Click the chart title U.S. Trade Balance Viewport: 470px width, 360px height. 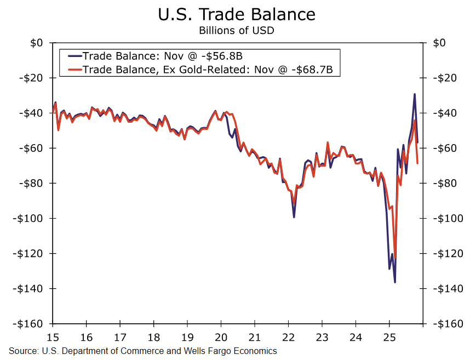[x=237, y=14]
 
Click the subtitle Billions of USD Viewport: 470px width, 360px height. [x=237, y=31]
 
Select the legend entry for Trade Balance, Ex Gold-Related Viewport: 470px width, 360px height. [x=208, y=70]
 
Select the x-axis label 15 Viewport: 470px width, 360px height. [x=53, y=336]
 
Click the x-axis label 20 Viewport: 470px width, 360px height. [x=221, y=336]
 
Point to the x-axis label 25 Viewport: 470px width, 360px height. [x=389, y=336]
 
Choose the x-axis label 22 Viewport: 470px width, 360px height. [x=288, y=336]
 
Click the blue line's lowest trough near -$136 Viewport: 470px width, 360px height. [x=395, y=282]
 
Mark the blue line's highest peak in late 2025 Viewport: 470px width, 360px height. [x=414, y=94]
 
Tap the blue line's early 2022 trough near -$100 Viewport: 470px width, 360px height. [x=294, y=217]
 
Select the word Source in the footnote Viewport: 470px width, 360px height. [x=21, y=351]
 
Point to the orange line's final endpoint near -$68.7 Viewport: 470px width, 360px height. [x=417, y=163]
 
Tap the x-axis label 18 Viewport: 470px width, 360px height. [x=154, y=336]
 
